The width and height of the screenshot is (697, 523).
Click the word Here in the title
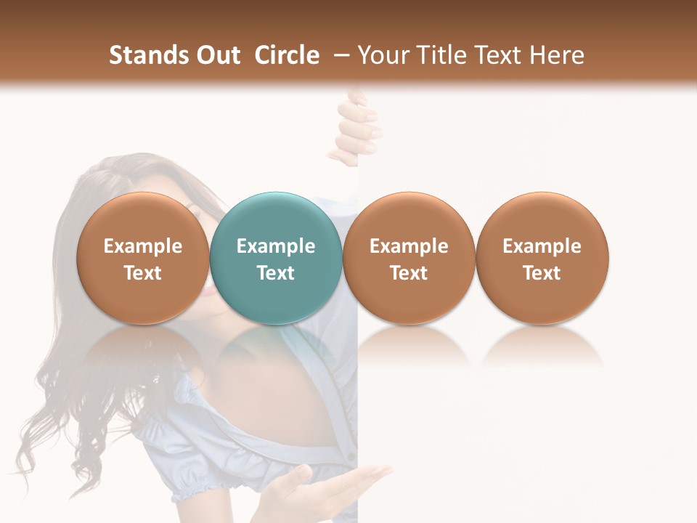(x=556, y=55)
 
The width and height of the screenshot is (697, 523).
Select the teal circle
(x=276, y=258)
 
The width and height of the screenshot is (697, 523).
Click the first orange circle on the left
(x=143, y=258)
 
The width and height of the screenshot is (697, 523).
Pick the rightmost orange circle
(x=542, y=258)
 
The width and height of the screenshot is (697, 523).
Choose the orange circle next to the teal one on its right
(x=409, y=258)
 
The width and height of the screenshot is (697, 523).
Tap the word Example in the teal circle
(x=276, y=246)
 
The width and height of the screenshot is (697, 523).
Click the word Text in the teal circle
(x=276, y=273)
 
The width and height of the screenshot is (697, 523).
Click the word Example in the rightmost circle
(x=542, y=246)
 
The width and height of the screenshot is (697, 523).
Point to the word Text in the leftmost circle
(x=143, y=273)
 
